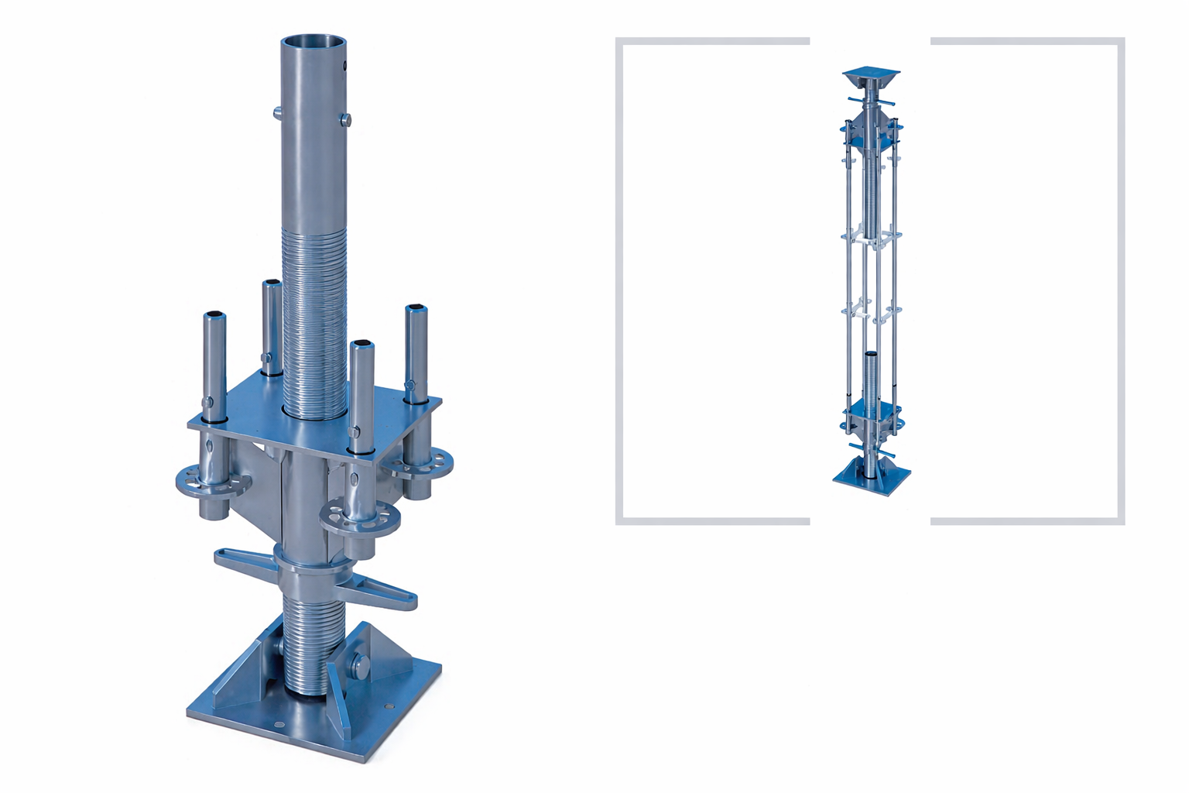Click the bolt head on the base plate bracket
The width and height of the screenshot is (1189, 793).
361,665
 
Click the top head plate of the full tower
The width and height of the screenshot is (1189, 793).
871,78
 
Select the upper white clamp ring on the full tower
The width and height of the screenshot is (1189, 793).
871,235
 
